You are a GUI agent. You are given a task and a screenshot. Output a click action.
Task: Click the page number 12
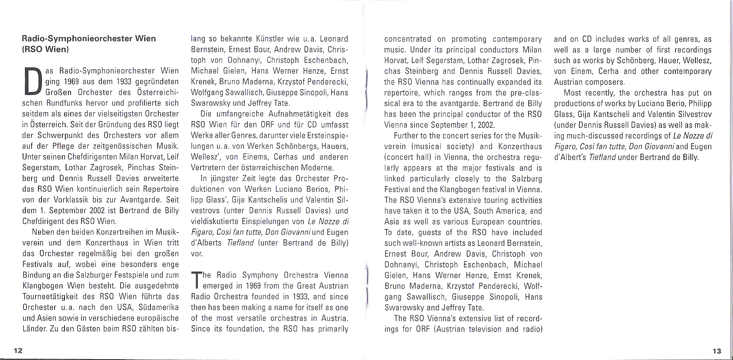pyautogui.click(x=18, y=350)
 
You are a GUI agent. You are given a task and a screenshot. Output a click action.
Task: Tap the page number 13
pyautogui.click(x=716, y=350)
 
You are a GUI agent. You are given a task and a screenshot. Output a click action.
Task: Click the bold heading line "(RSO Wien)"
pyautogui.click(x=45, y=49)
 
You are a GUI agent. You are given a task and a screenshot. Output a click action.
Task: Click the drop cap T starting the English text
pyautogui.click(x=196, y=280)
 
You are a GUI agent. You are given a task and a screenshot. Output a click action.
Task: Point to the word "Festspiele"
pyautogui.click(x=132, y=275)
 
